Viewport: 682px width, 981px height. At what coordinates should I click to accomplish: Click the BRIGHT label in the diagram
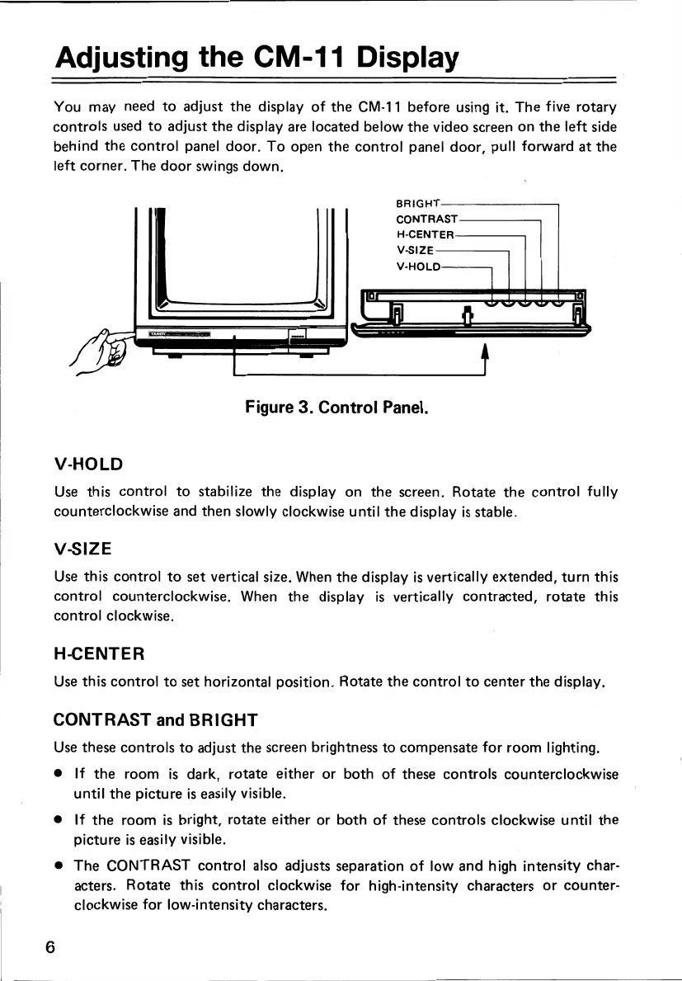coord(418,202)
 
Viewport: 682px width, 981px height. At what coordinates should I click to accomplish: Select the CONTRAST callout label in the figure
coord(426,219)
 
